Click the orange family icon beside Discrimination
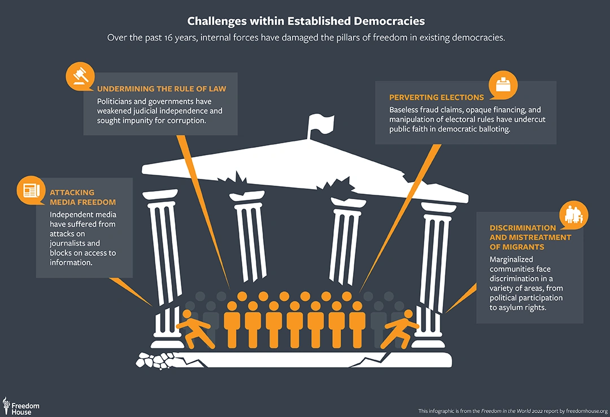tap(574, 215)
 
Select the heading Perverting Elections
tap(437, 97)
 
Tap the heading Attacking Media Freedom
tap(82, 197)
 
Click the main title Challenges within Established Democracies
tap(306, 21)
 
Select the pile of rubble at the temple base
tap(155, 359)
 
